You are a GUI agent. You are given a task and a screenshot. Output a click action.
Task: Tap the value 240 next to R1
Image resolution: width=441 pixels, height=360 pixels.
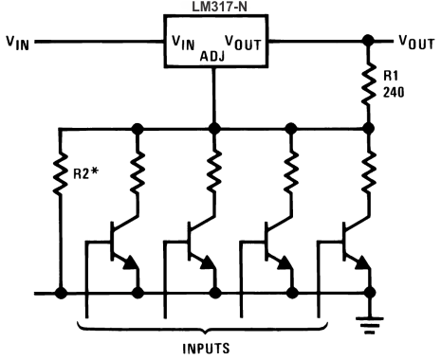[395, 95]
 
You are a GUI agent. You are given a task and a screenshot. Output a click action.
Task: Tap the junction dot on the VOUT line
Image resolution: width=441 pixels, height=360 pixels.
[367, 42]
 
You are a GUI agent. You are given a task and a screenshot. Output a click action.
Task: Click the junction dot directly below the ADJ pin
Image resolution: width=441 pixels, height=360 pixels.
[215, 127]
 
